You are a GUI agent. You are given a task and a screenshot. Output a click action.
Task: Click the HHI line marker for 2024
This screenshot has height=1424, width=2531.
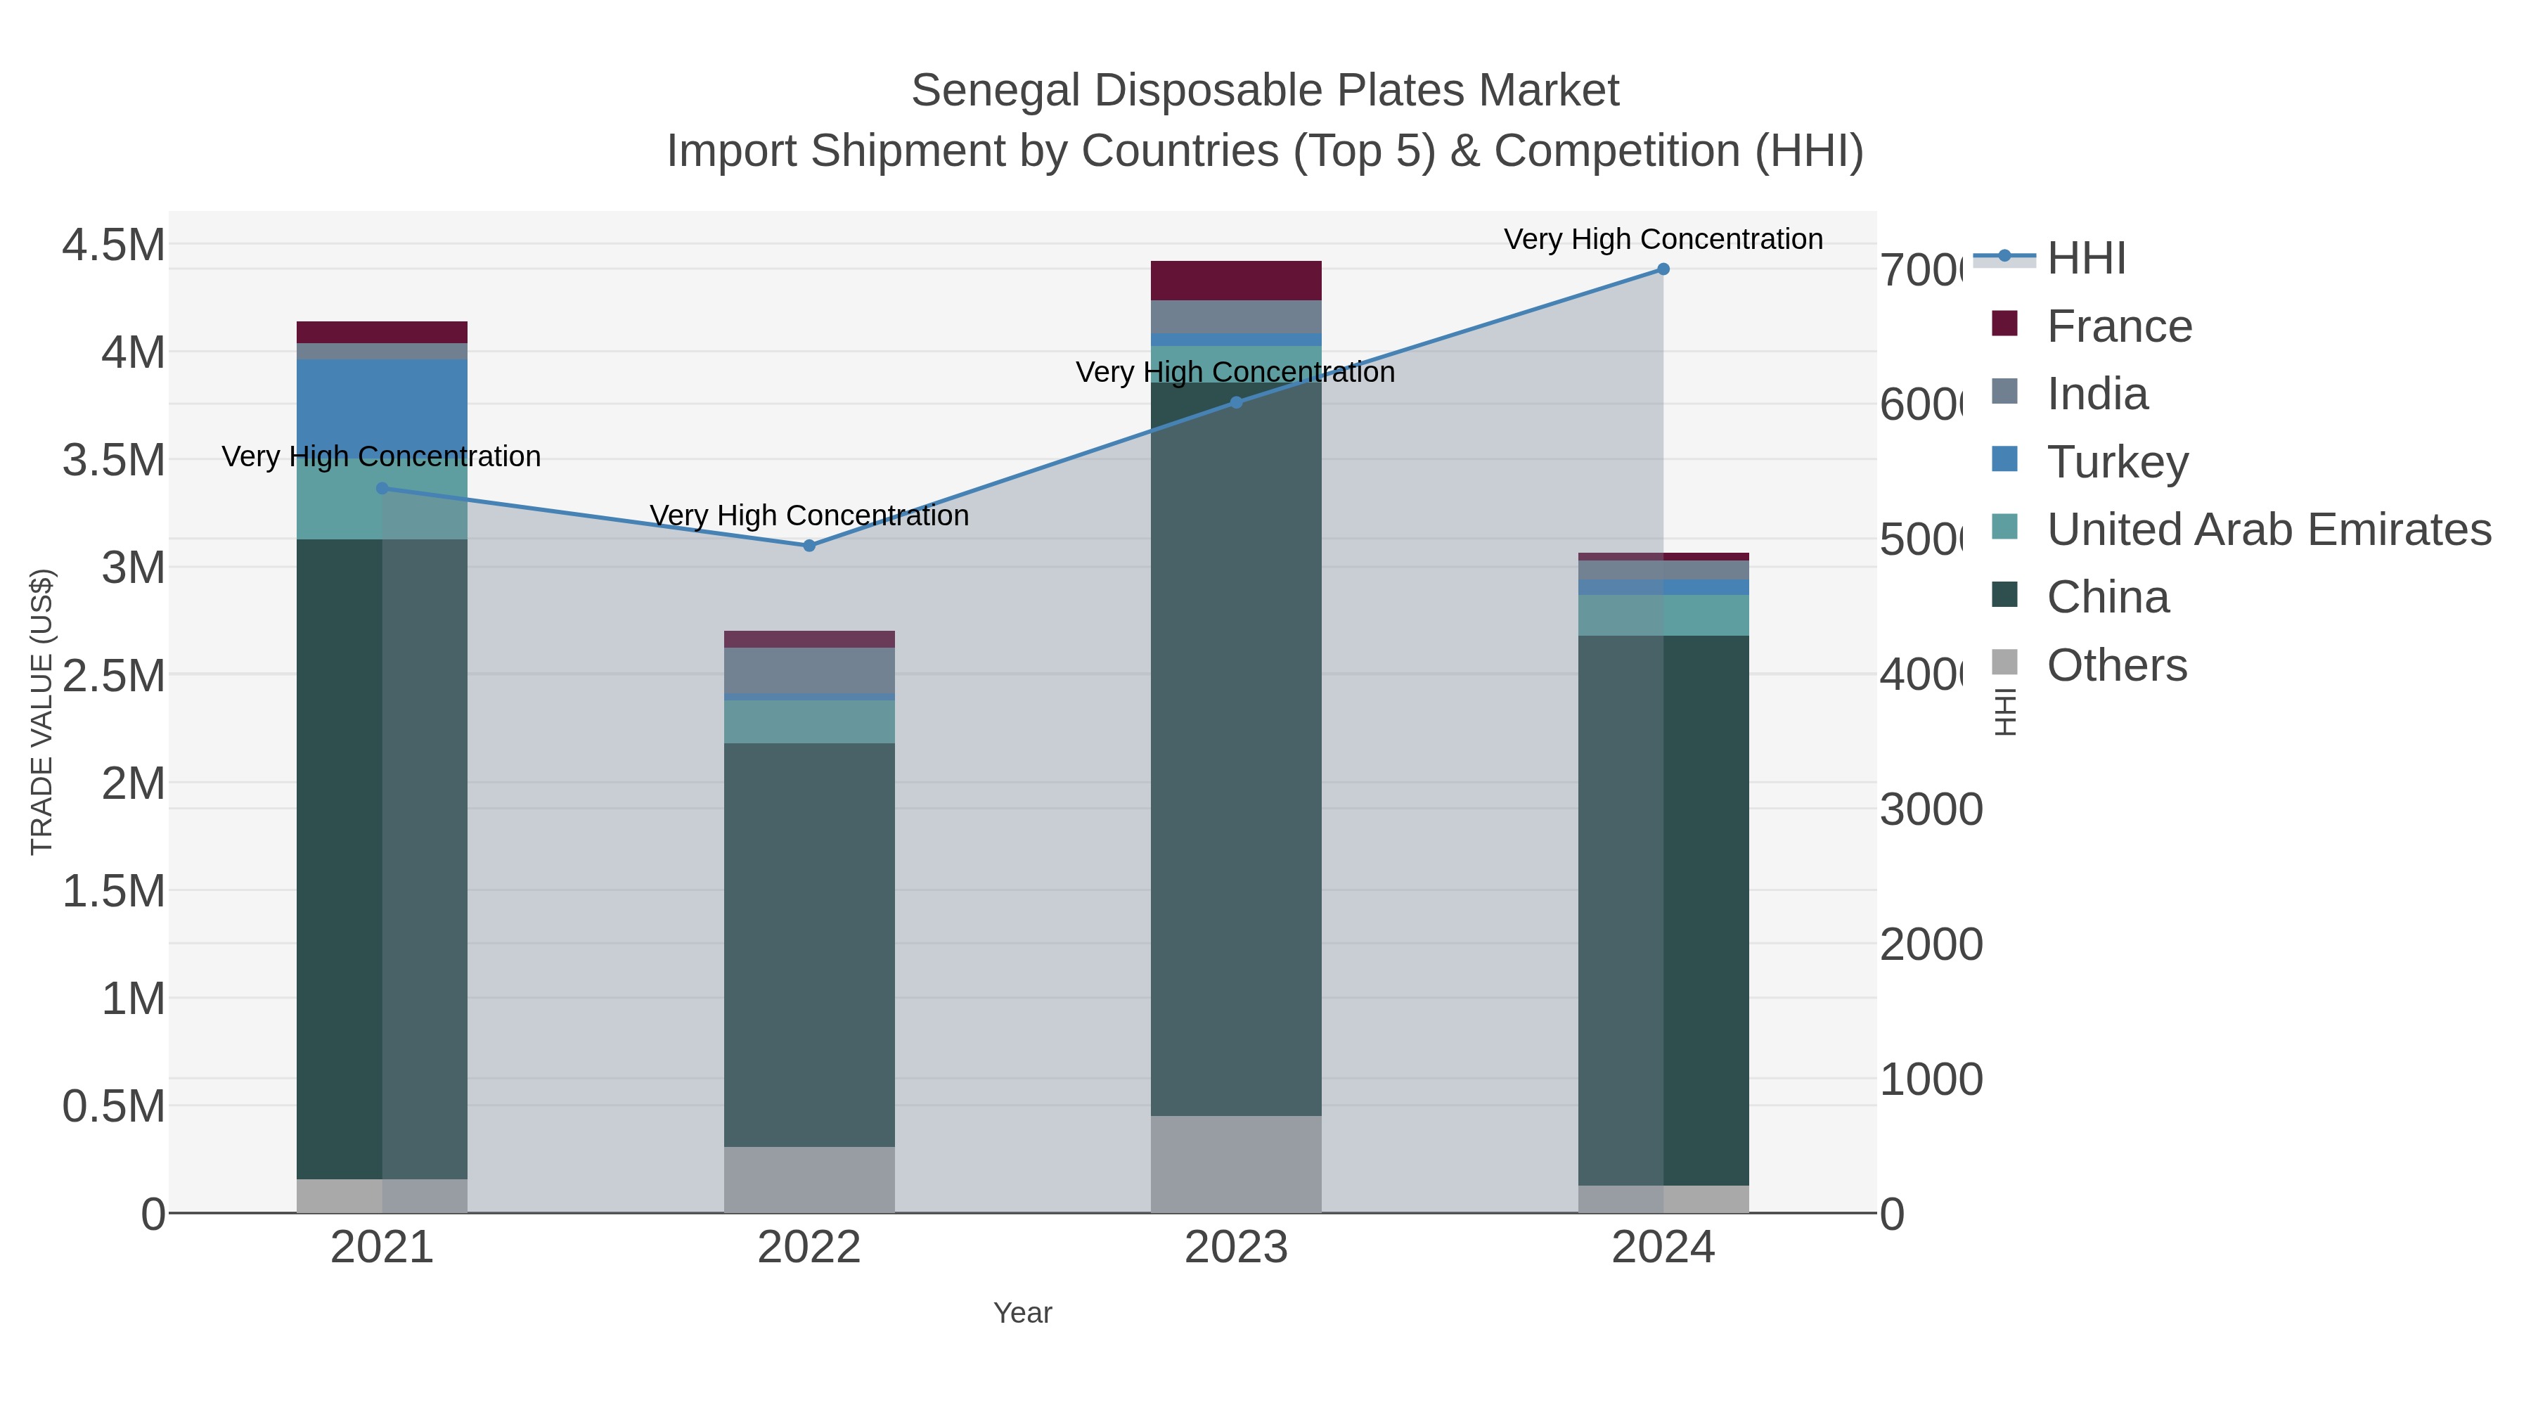[1663, 269]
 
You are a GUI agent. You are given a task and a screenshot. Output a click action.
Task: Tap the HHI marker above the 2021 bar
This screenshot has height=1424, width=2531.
[382, 489]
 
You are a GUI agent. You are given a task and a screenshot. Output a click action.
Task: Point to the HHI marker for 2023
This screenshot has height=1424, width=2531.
[1236, 402]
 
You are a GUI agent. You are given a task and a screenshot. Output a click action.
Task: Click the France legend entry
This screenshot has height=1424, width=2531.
[2118, 326]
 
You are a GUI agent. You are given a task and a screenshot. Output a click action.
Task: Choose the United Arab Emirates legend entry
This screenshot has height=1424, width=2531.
[2267, 530]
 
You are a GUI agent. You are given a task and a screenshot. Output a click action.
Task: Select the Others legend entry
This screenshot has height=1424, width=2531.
[2116, 665]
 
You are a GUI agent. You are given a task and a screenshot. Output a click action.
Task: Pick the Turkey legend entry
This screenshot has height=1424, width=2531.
[2116, 462]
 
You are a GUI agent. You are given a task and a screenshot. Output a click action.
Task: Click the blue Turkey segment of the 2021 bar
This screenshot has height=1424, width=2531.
[382, 403]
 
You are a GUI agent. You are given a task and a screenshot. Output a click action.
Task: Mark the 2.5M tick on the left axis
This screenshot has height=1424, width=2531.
[113, 676]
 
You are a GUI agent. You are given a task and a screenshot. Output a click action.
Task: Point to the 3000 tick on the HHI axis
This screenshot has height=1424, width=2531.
[1931, 810]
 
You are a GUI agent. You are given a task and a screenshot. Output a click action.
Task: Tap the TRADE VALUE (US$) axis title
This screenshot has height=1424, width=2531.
[42, 712]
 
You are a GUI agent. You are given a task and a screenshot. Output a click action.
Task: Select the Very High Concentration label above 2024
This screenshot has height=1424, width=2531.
[1663, 239]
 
